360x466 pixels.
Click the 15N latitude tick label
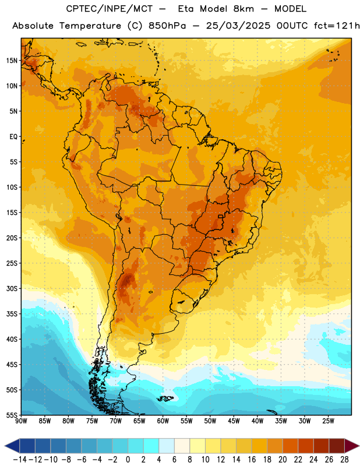coord(12,61)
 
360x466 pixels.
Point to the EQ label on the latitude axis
coord(13,137)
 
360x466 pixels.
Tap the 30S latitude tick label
coord(12,288)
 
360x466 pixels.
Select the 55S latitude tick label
coord(12,415)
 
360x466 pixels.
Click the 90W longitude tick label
coord(21,421)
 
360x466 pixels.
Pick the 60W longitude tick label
coord(163,421)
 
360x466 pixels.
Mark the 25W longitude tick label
coord(328,421)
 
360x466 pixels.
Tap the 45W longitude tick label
coord(234,421)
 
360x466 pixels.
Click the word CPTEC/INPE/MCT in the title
coord(110,9)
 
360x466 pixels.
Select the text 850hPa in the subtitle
coord(167,26)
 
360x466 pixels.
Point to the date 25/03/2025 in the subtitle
coord(238,26)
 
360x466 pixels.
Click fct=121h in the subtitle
coord(337,26)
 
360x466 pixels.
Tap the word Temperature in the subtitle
coord(90,26)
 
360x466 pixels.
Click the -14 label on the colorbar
coord(20,460)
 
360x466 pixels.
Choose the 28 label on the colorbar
coord(344,460)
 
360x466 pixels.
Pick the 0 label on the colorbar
coord(128,460)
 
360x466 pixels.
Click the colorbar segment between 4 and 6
coord(167,446)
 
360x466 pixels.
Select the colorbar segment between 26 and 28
coord(337,446)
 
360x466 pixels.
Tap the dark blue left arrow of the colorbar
coord(12,446)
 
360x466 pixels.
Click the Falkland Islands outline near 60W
coord(165,398)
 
